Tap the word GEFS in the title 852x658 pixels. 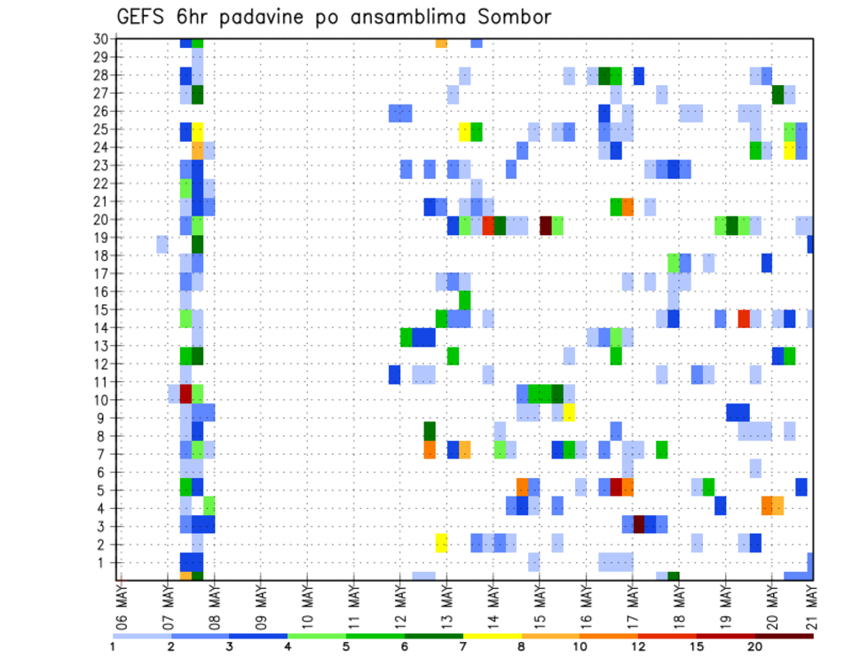(144, 17)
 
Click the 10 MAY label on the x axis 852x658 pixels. (306, 609)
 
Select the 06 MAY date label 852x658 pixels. (121, 609)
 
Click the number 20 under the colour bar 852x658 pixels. (756, 646)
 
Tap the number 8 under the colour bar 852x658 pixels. (522, 646)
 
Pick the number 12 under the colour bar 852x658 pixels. (639, 646)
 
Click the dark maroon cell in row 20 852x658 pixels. (546, 225)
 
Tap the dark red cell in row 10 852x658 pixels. (185, 393)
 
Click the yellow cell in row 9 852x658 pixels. (569, 411)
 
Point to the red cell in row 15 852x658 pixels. (744, 318)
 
